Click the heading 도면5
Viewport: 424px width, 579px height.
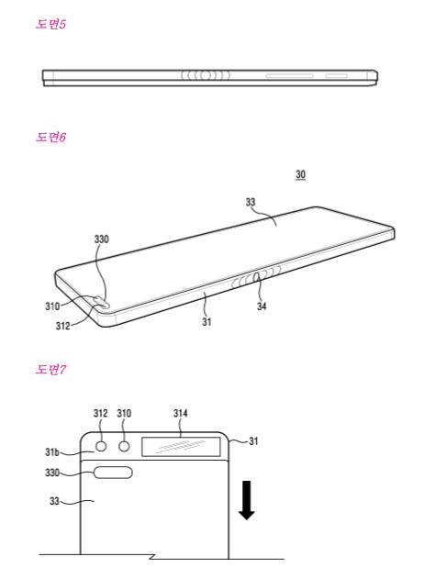(x=50, y=25)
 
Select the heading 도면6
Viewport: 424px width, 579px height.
(x=50, y=138)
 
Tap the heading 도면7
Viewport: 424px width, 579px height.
(x=50, y=369)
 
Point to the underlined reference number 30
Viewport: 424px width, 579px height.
(x=301, y=174)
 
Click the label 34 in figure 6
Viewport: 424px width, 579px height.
(x=262, y=306)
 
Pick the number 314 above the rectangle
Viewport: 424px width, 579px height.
(x=181, y=413)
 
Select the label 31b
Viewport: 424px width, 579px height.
(x=52, y=452)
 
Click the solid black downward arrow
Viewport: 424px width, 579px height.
(x=246, y=500)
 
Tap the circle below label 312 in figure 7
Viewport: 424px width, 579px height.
(x=101, y=447)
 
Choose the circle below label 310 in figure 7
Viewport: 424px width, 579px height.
(x=125, y=447)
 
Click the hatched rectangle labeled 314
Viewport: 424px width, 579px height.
(x=181, y=447)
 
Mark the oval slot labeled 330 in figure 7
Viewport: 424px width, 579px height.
(x=113, y=473)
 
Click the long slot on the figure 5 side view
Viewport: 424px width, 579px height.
(x=290, y=76)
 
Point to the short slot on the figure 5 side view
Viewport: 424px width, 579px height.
(x=337, y=76)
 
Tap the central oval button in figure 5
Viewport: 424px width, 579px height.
(x=206, y=75)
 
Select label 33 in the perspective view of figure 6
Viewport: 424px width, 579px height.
(x=251, y=202)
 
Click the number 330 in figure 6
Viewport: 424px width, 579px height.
(x=102, y=239)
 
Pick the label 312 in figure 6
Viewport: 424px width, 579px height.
(x=62, y=326)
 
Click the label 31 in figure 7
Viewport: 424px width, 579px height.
(x=253, y=440)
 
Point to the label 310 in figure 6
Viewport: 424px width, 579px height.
(x=52, y=306)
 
